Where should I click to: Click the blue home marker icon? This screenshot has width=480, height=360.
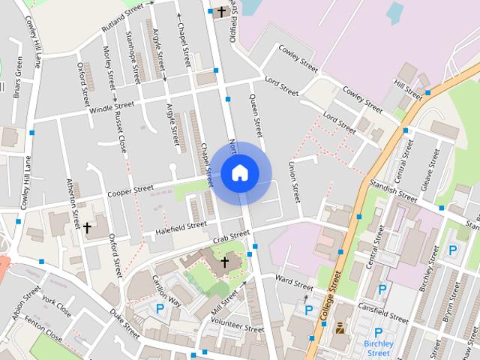(x=240, y=172)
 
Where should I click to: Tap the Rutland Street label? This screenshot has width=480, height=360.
(x=123, y=15)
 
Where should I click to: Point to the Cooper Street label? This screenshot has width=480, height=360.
(x=130, y=191)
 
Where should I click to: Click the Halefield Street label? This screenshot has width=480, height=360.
(x=181, y=226)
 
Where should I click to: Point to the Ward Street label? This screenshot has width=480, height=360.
(x=293, y=283)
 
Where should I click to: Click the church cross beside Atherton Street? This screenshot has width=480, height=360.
(x=87, y=226)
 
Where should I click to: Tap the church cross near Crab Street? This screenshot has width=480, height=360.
(x=224, y=262)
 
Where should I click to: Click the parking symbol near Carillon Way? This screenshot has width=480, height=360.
(x=160, y=308)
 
